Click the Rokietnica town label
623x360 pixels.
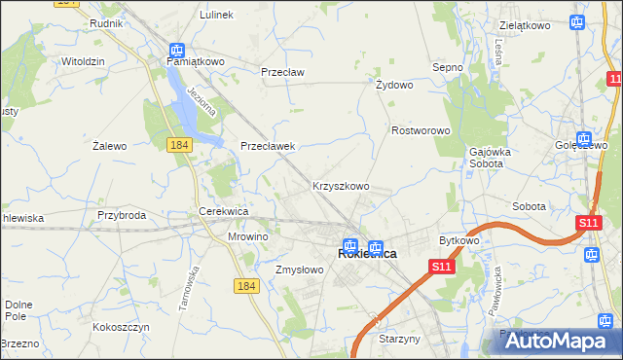366,253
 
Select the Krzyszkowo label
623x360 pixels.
340,186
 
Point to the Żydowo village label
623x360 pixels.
394,85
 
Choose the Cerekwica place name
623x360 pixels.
224,211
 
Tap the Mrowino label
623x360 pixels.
247,236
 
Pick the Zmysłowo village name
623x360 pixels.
299,270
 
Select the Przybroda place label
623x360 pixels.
122,215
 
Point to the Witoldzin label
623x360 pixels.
83,60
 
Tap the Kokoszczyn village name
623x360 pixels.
121,328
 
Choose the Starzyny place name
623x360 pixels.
399,340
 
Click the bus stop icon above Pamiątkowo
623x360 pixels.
177,49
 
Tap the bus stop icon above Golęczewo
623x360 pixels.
583,139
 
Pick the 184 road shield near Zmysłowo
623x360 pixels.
245,284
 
